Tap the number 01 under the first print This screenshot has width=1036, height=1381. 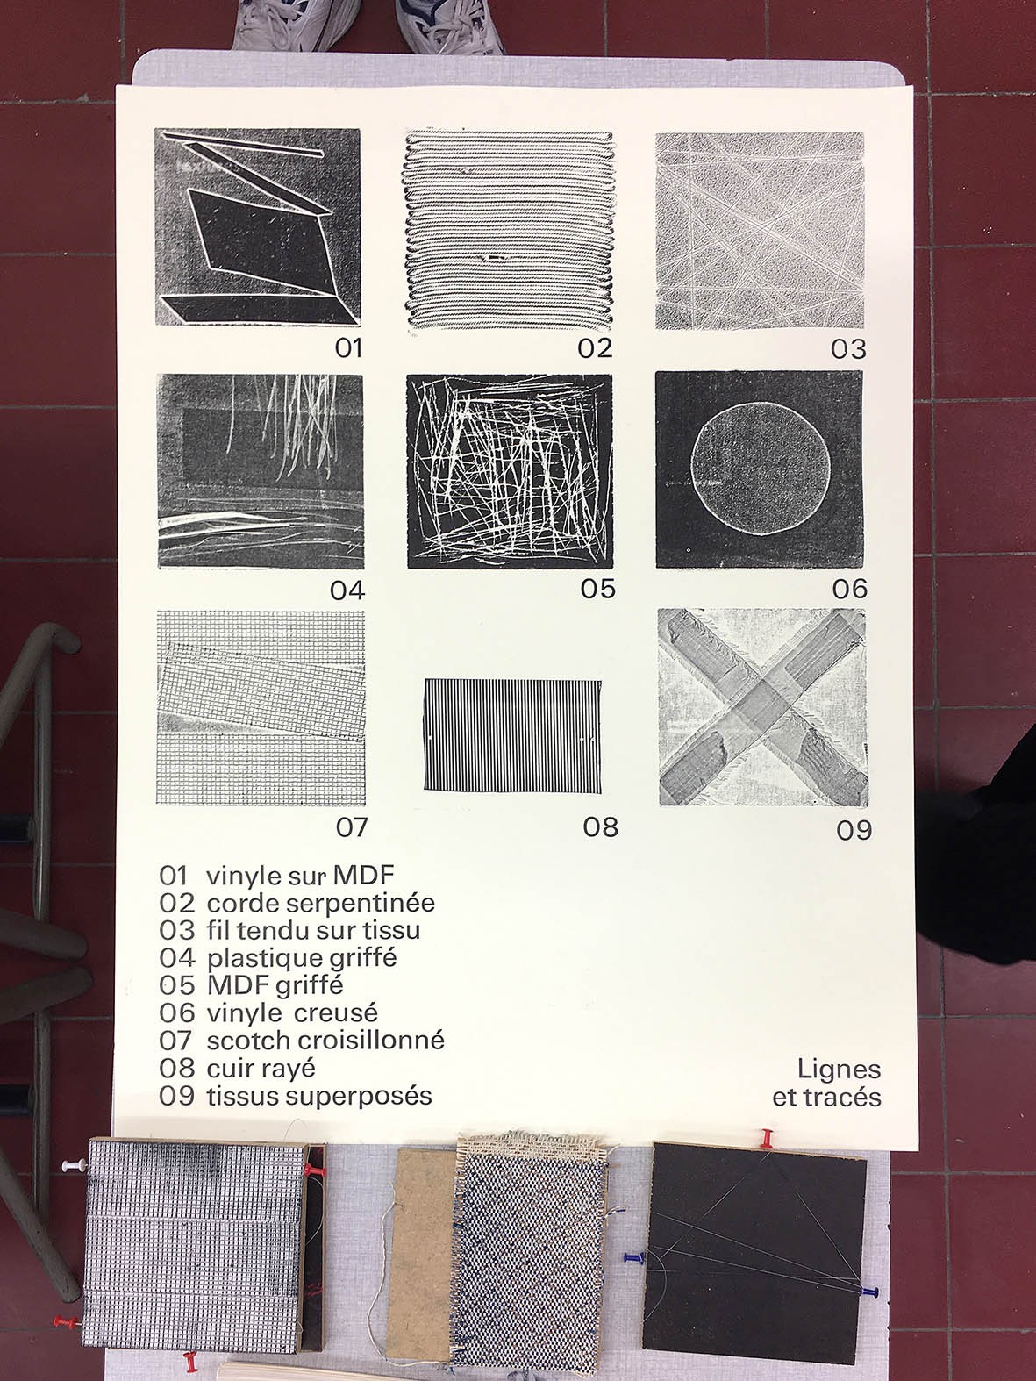pos(348,348)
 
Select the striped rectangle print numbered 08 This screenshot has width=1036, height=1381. pos(512,734)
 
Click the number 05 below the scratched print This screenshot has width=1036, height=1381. pos(598,588)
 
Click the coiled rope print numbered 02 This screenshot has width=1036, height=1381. pos(510,230)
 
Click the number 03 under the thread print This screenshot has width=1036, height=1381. pos(848,349)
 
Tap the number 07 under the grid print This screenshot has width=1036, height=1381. pos(352,826)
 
